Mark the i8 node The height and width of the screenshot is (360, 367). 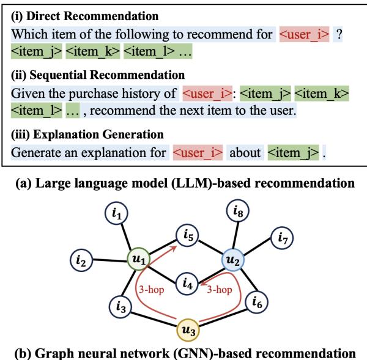pyautogui.click(x=239, y=211)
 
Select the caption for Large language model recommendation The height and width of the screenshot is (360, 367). pyautogui.click(x=183, y=182)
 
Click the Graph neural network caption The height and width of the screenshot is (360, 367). pyautogui.click(x=183, y=353)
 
